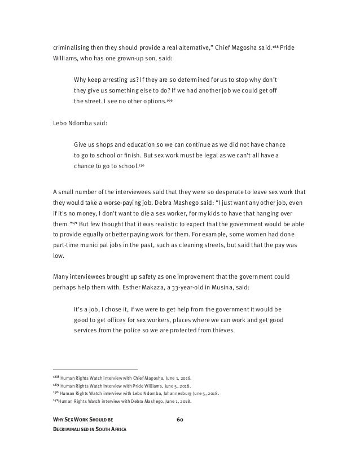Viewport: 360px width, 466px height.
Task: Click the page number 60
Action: pyautogui.click(x=181, y=419)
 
